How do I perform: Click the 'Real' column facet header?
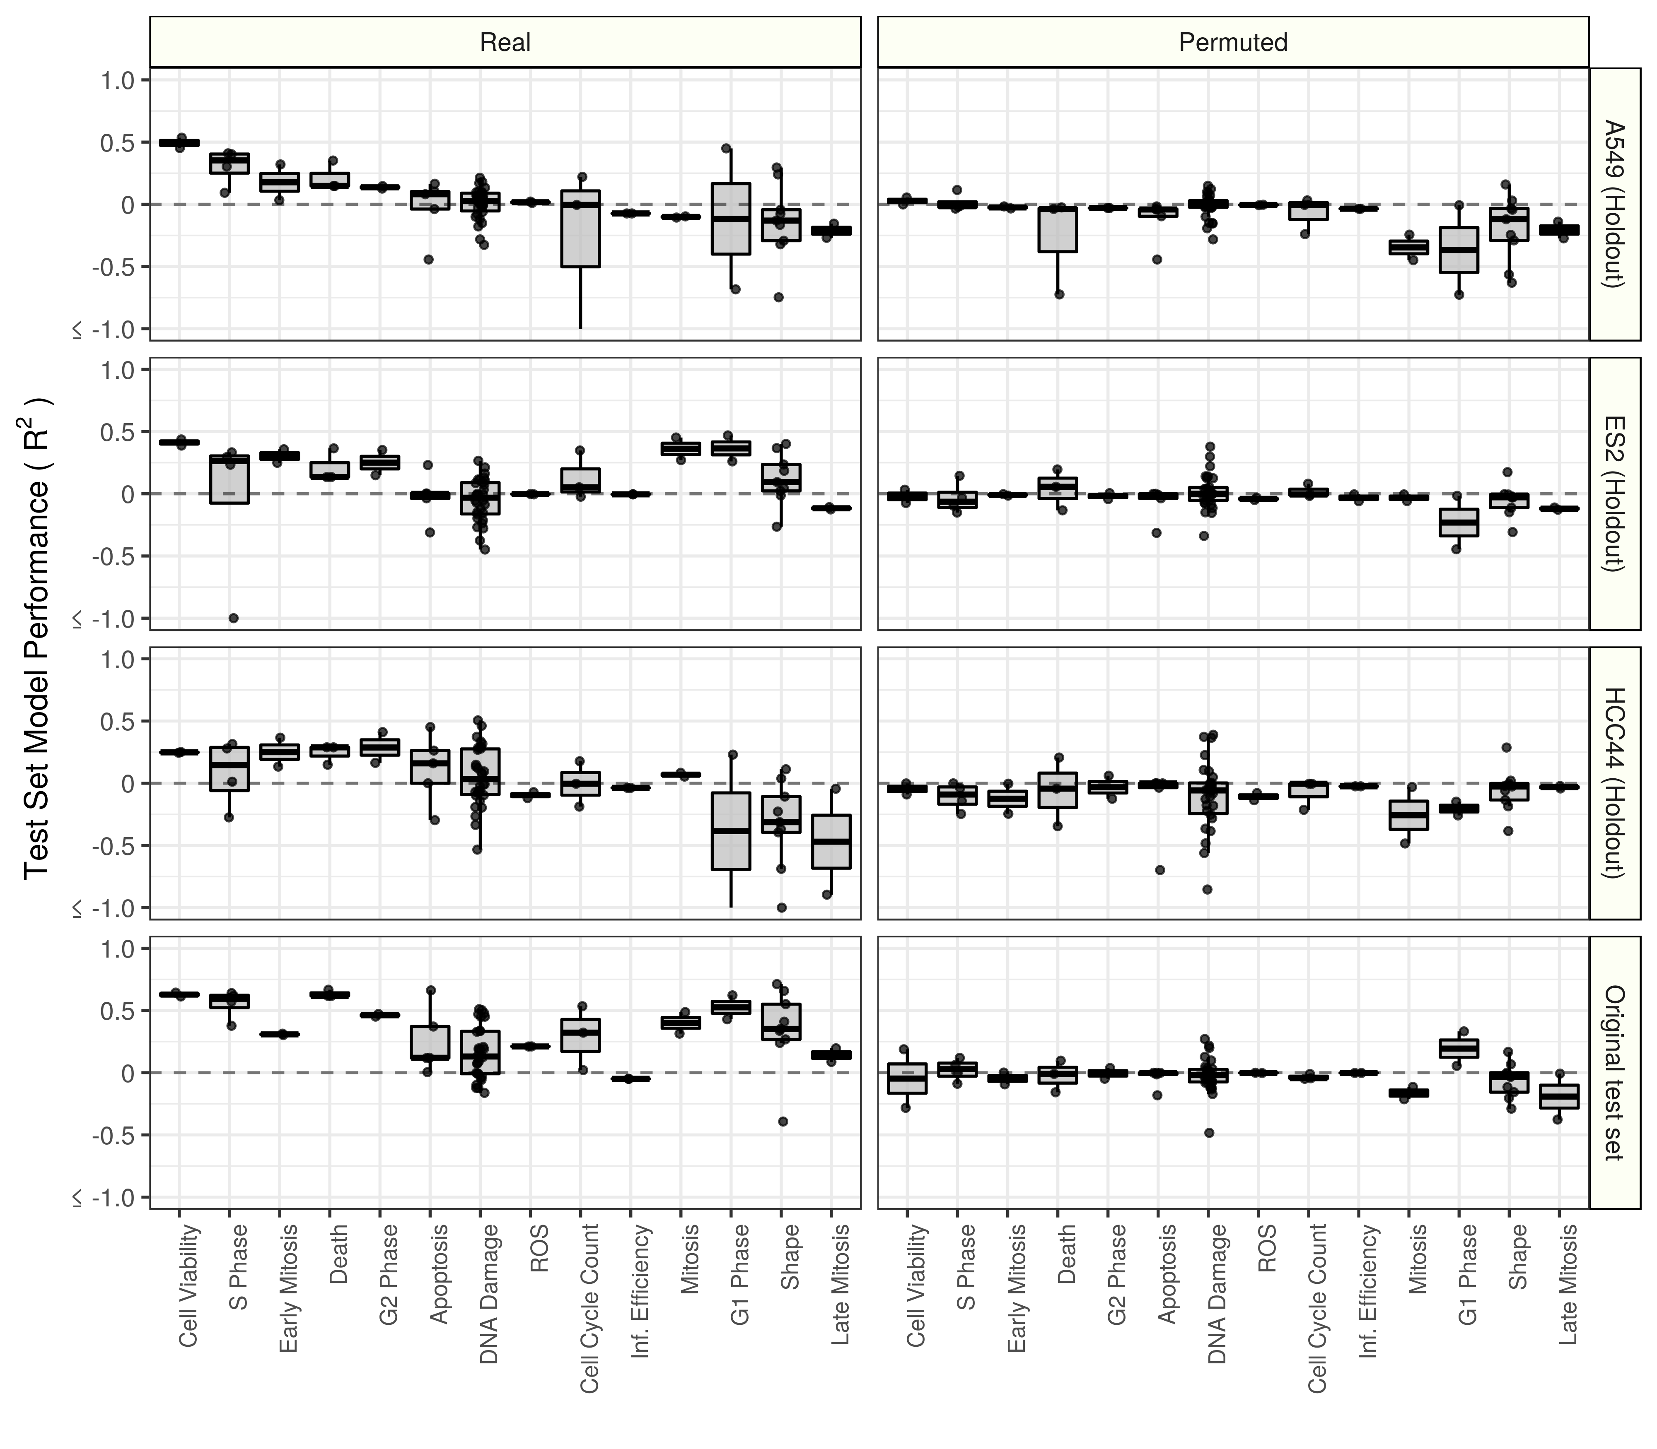click(x=505, y=42)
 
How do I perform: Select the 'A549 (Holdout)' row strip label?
click(x=1614, y=204)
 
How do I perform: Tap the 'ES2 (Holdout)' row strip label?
click(x=1614, y=493)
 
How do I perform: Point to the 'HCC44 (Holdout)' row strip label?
click(x=1614, y=783)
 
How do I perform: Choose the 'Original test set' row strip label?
click(x=1614, y=1072)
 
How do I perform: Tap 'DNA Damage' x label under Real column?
click(x=489, y=1294)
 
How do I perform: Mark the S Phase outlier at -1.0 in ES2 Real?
click(x=233, y=618)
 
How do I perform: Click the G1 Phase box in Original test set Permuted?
click(x=1459, y=1048)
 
